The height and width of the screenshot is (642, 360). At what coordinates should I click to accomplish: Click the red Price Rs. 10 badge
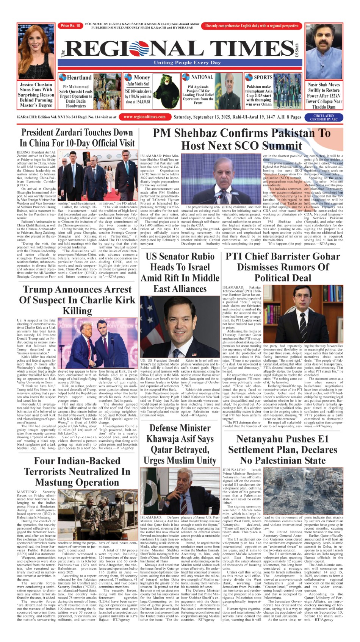pyautogui.click(x=70, y=26)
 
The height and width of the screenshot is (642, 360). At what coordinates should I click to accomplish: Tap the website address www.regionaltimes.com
pyautogui.click(x=144, y=117)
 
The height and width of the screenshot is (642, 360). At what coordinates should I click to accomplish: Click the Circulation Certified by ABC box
pyautogui.click(x=324, y=117)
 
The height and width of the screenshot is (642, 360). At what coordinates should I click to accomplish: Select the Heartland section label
pyautogui.click(x=79, y=78)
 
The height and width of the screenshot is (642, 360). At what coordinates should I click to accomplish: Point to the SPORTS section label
pyautogui.click(x=263, y=77)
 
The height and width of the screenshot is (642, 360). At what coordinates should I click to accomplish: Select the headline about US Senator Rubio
pyautogui.click(x=180, y=272)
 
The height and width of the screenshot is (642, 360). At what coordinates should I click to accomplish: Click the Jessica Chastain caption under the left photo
pyautogui.click(x=36, y=95)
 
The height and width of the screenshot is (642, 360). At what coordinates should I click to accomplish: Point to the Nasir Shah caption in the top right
pyautogui.click(x=324, y=96)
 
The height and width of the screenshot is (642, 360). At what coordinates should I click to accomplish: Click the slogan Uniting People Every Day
pyautogui.click(x=187, y=63)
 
